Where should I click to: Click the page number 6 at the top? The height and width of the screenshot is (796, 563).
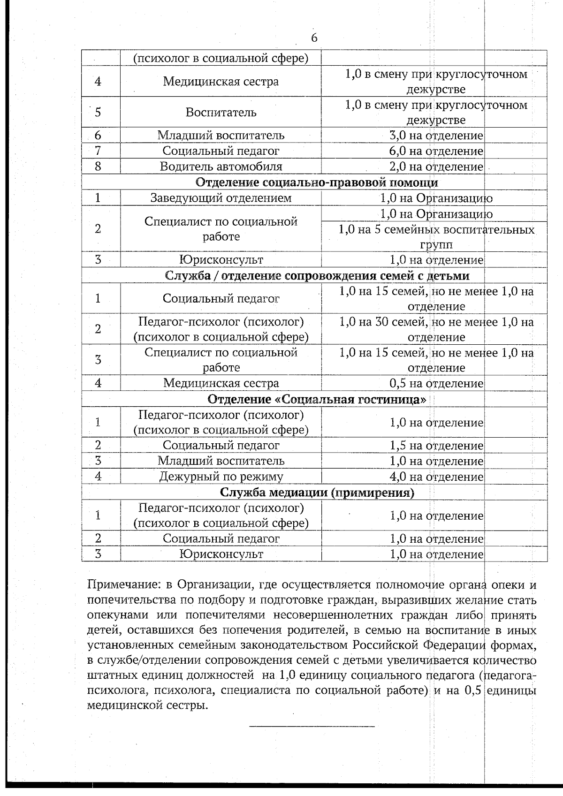coord(314,38)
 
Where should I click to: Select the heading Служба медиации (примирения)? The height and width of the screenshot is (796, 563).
coord(317,493)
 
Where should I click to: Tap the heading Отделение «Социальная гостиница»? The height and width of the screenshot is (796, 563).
coord(317,400)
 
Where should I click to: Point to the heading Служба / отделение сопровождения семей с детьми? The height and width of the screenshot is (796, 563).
coord(317,275)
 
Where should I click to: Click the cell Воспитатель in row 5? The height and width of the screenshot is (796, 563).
coord(221,113)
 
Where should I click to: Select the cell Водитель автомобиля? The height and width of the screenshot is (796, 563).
coord(221,167)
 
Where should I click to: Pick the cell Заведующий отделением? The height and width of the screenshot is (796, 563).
coord(221,198)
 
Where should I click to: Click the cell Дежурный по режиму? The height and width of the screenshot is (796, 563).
coord(221,477)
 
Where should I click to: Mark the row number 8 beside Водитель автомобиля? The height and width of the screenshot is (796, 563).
coord(98,167)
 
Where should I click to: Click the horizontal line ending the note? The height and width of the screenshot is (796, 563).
coord(312,727)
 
